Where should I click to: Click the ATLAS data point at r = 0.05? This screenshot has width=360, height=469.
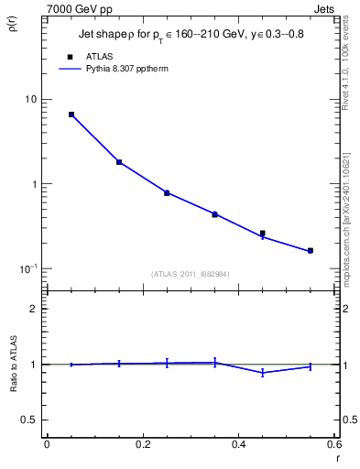pyautogui.click(x=71, y=115)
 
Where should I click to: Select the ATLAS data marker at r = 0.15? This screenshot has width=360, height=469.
pyautogui.click(x=119, y=162)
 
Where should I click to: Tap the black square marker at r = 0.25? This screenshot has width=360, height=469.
pyautogui.click(x=167, y=192)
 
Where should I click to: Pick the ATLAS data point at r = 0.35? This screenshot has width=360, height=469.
pyautogui.click(x=214, y=214)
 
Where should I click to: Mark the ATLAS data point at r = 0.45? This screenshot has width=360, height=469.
pyautogui.click(x=263, y=233)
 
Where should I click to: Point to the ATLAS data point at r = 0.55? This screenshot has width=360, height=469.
pyautogui.click(x=311, y=250)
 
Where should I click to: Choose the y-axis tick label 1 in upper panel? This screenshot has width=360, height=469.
pyautogui.click(x=35, y=184)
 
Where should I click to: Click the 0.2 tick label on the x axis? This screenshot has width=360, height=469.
pyautogui.click(x=142, y=444)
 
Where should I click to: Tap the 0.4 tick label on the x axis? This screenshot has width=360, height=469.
pyautogui.click(x=238, y=444)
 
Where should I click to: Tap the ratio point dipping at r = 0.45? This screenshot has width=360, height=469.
pyautogui.click(x=263, y=372)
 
